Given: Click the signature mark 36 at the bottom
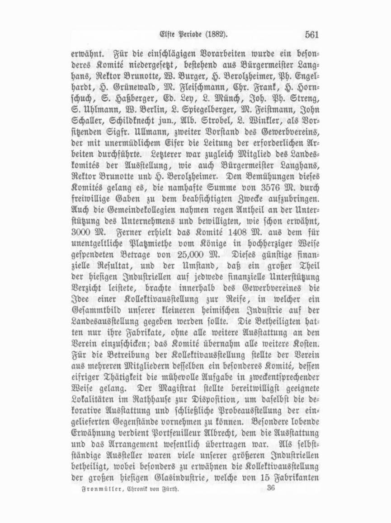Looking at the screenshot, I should pos(271,488).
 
